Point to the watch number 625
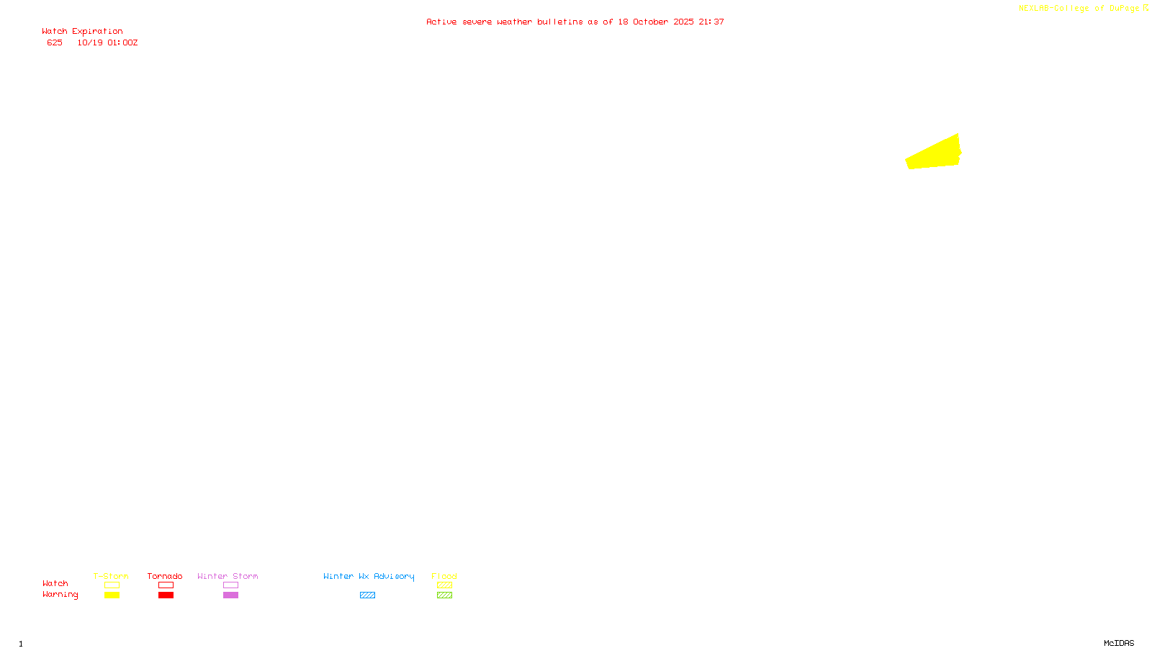pyautogui.click(x=55, y=42)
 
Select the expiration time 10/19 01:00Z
pyautogui.click(x=107, y=42)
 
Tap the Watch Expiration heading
pyautogui.click(x=82, y=32)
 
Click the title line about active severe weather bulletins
pyautogui.click(x=575, y=22)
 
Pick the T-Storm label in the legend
pyautogui.click(x=111, y=576)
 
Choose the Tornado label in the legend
pyautogui.click(x=165, y=576)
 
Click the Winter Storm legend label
pyautogui.click(x=228, y=576)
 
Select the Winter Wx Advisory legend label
pyautogui.click(x=369, y=576)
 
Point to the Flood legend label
pyautogui.click(x=444, y=576)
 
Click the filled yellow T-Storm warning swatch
pyautogui.click(x=112, y=595)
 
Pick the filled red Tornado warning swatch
pyautogui.click(x=166, y=595)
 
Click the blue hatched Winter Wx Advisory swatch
pyautogui.click(x=367, y=595)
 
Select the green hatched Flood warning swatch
pyautogui.click(x=444, y=595)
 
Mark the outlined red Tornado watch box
pyautogui.click(x=166, y=585)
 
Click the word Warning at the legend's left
pyautogui.click(x=60, y=595)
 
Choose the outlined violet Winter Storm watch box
pyautogui.click(x=230, y=585)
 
